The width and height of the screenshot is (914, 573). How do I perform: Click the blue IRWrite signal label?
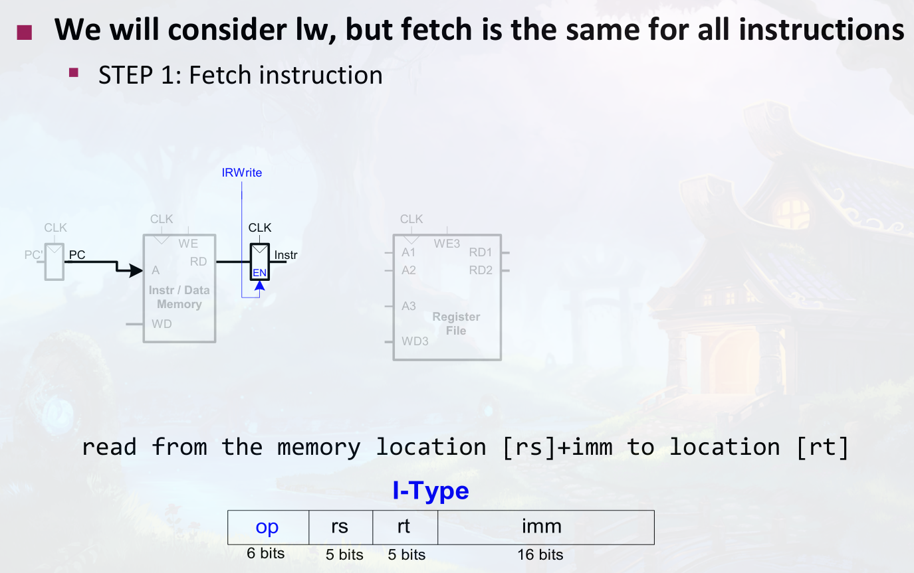pos(242,173)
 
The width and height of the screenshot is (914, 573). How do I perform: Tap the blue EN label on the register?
pos(259,272)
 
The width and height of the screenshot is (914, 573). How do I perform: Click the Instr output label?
pos(286,255)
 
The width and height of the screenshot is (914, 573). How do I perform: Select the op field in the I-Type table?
pos(267,527)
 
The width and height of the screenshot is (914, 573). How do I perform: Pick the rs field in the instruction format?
pos(340,527)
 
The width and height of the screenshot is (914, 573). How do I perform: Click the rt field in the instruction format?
pos(403,527)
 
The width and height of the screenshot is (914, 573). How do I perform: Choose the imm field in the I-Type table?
pos(542,527)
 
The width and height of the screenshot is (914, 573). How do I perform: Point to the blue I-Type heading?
pos(431,491)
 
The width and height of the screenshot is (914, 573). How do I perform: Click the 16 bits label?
pos(540,555)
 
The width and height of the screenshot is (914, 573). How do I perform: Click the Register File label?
pos(456,323)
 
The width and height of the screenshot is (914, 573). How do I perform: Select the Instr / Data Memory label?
pos(179,297)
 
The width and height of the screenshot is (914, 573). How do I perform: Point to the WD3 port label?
pos(415,341)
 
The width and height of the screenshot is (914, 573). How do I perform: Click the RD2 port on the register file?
pos(481,270)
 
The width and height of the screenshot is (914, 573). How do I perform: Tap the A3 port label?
pos(409,306)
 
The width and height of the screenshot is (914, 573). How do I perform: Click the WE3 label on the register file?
pos(447,244)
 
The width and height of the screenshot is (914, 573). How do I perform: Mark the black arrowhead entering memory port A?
pos(136,270)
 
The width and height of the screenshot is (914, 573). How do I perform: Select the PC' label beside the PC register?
pos(34,254)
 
